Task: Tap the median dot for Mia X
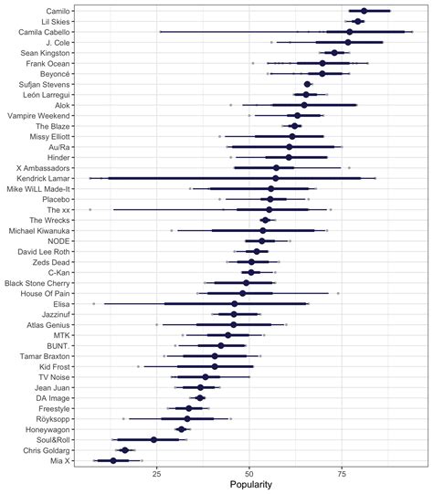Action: (113, 460)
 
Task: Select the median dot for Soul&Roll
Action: (153, 439)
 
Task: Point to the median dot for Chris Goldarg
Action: (125, 450)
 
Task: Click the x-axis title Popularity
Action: (250, 485)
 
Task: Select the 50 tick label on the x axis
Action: (249, 473)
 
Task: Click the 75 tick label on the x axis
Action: (342, 473)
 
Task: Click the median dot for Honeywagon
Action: (182, 429)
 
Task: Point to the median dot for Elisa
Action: (234, 303)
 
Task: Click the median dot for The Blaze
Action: (295, 126)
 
